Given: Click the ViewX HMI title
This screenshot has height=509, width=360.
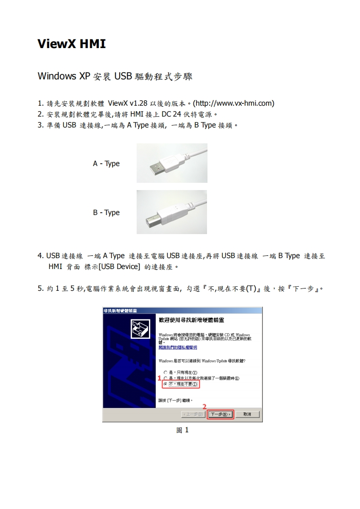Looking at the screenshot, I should (71, 44).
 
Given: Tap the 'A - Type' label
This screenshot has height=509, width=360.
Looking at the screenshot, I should (106, 163).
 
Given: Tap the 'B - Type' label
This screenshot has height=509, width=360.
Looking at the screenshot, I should (106, 212).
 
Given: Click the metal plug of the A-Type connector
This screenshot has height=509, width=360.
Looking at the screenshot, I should (156, 168).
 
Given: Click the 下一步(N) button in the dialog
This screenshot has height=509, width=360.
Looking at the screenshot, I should (220, 414).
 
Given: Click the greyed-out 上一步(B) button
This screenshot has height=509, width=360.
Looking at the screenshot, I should (193, 414).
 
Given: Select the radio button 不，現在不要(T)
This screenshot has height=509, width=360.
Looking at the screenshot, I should (165, 384).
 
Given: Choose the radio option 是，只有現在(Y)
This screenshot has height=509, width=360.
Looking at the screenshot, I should (165, 372).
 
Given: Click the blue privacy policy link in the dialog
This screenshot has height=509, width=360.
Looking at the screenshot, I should (178, 347).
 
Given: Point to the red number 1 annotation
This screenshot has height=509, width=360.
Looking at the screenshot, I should (159, 377).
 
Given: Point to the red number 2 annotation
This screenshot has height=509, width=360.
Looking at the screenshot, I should (204, 406).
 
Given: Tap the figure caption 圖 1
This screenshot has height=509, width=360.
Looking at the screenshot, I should (182, 430).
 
